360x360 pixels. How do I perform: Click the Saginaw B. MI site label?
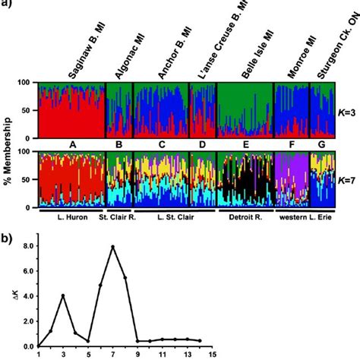[x=90, y=46]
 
